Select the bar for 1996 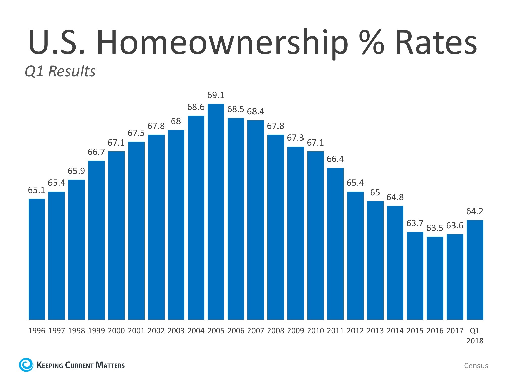tap(37, 259)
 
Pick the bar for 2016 tap(435, 278)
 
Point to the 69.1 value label tap(216, 95)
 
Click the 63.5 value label tap(435, 228)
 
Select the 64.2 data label tap(474, 211)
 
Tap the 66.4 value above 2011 tap(335, 159)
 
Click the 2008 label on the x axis tap(275, 331)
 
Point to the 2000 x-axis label tap(116, 331)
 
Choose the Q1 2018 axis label tap(475, 336)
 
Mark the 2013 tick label tap(375, 331)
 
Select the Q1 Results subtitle tap(60, 71)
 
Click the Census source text tap(476, 366)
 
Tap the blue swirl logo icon tap(26, 365)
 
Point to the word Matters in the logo tap(110, 365)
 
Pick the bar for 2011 tap(335, 244)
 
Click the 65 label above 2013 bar tap(375, 193)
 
